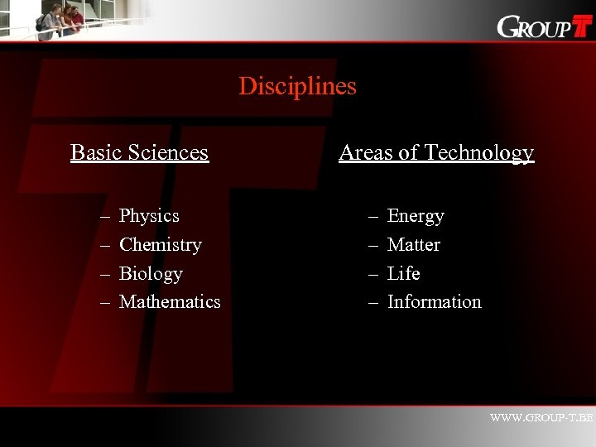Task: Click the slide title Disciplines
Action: pos(297,86)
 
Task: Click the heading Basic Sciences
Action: pos(139,152)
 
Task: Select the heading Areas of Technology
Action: pos(436,152)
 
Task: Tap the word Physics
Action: pos(149,216)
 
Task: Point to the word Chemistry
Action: pos(161,245)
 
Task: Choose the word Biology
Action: pos(151,274)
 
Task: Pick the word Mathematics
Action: pos(170,302)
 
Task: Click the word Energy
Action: pos(416,216)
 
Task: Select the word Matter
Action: pos(413,245)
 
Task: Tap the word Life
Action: pos(403,274)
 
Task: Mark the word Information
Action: pos(434,302)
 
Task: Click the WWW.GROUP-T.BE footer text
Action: pos(541,418)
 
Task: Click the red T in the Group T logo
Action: pos(583,26)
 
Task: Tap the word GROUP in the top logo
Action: pos(534,28)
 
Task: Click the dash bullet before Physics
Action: pos(106,217)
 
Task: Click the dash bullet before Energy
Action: pos(374,217)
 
